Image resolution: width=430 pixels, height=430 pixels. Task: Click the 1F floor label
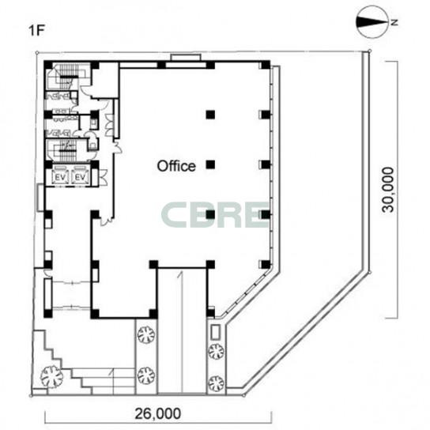pos(36,31)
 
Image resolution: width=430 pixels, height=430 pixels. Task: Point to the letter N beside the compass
pos(394,22)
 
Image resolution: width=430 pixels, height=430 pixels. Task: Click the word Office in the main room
pos(176,166)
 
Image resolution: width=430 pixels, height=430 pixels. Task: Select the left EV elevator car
pos(60,177)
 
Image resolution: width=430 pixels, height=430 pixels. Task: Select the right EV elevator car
pos(81,177)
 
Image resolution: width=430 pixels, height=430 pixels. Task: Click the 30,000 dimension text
pos(388,190)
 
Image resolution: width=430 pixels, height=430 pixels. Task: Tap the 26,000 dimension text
pos(157,413)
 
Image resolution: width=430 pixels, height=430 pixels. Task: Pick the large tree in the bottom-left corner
pos(51,376)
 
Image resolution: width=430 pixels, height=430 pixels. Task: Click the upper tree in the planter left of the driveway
pos(146,334)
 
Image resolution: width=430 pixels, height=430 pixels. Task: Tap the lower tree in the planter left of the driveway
pos(146,375)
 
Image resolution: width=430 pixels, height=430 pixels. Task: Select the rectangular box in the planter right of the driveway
pos(216,333)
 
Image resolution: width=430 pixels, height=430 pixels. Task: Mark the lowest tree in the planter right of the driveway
pos(216,383)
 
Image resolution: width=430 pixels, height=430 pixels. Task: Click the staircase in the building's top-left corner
pos(67,76)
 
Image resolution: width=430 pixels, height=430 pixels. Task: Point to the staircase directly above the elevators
pos(67,150)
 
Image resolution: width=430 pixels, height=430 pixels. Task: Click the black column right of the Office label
pos(210,164)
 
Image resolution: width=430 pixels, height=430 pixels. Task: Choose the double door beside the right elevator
pos(103,177)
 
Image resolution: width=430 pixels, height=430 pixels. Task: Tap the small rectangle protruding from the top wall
pos(186,58)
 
